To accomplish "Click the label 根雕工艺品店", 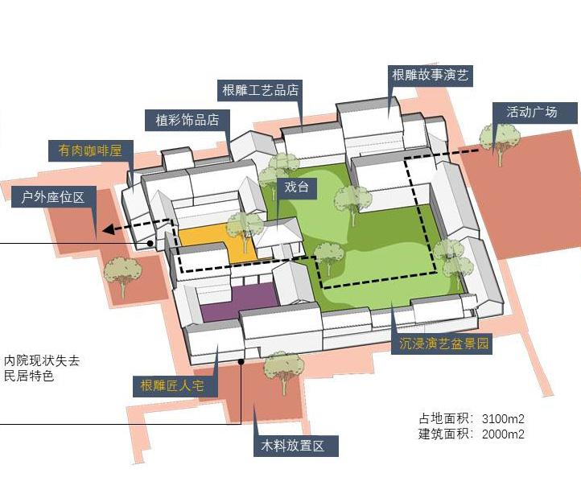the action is point(260,89).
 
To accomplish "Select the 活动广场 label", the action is point(530,112).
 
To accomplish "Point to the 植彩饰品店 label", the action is point(187,120).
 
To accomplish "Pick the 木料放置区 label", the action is point(292,445).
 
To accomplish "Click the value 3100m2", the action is point(503,419).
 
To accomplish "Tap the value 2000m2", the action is point(503,434).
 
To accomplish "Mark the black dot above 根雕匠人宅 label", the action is point(241,362).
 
